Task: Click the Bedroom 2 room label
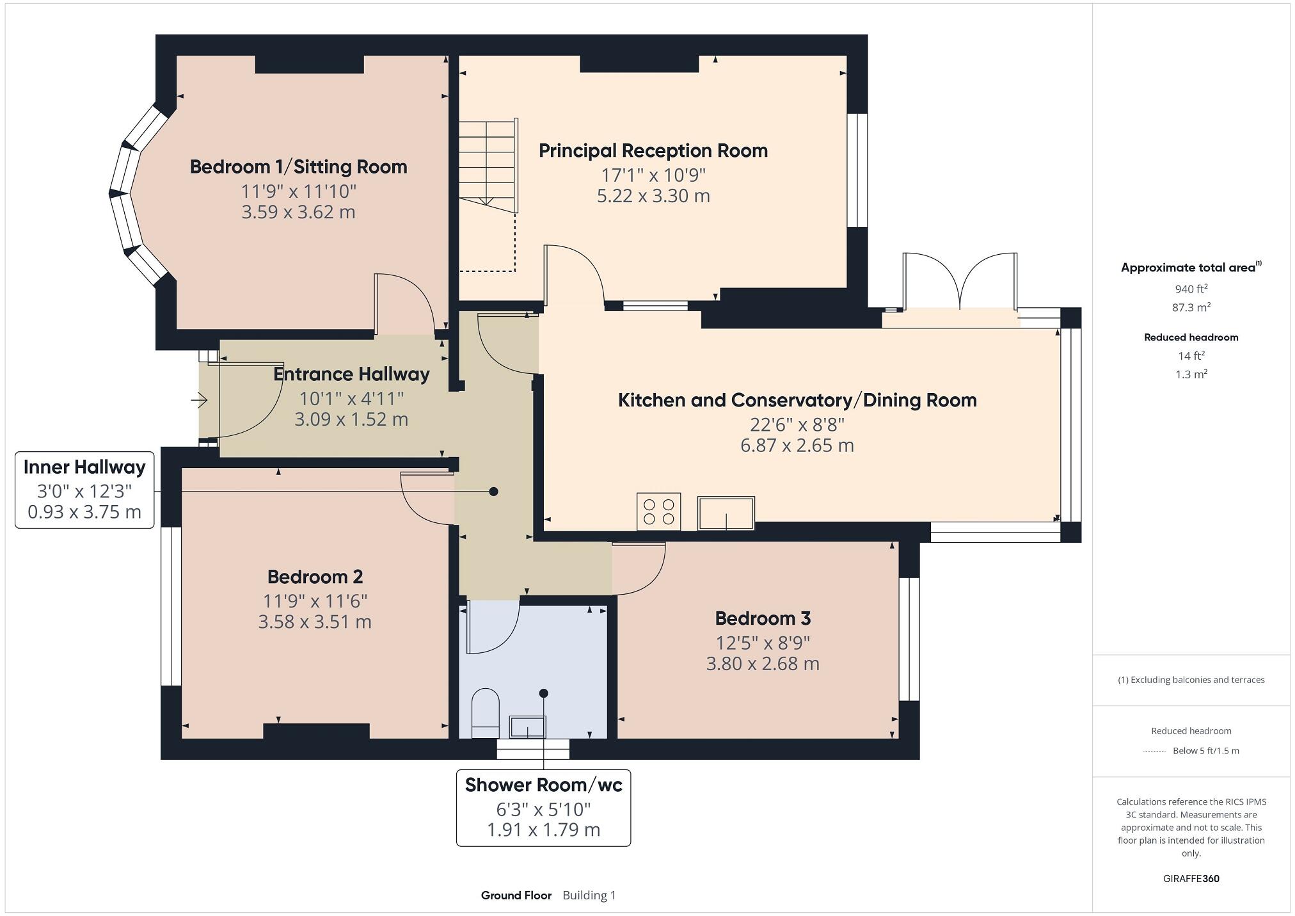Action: pos(315,577)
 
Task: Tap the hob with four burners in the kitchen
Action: pos(658,511)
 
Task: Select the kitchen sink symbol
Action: pos(726,513)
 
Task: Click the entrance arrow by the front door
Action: pos(199,401)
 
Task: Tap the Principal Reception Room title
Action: pos(653,150)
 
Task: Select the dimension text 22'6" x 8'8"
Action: pos(797,424)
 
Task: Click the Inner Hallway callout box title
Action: pos(84,467)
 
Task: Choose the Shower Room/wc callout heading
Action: pos(543,785)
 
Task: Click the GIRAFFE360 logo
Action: pos(1191,878)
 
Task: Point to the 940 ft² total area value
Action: pos(1191,289)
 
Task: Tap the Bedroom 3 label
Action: pos(762,618)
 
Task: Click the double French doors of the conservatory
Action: pos(960,282)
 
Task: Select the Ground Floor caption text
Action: pos(516,895)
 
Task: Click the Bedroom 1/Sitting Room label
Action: pos(298,167)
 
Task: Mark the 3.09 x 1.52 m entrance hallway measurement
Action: pos(351,419)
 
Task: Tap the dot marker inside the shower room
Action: pos(543,693)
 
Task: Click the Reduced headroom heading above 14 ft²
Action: pos(1191,337)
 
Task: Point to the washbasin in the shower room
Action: pos(527,727)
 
